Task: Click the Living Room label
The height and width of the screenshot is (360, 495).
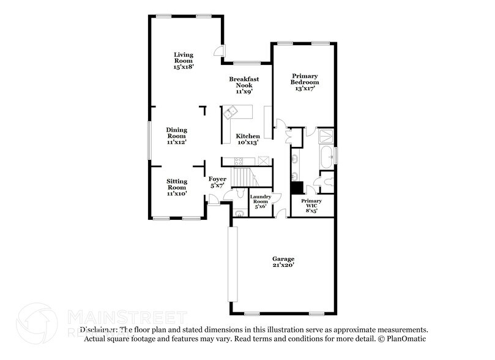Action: [x=183, y=61]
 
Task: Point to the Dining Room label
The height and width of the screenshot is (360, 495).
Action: [x=176, y=135]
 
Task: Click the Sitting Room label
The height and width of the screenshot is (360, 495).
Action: [x=177, y=187]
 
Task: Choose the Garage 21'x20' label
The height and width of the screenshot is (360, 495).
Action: [x=283, y=262]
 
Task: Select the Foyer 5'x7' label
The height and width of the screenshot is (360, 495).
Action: [x=217, y=182]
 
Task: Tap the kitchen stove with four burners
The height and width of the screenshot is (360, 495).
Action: [x=239, y=161]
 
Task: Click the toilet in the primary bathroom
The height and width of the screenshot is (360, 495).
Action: [x=327, y=181]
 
